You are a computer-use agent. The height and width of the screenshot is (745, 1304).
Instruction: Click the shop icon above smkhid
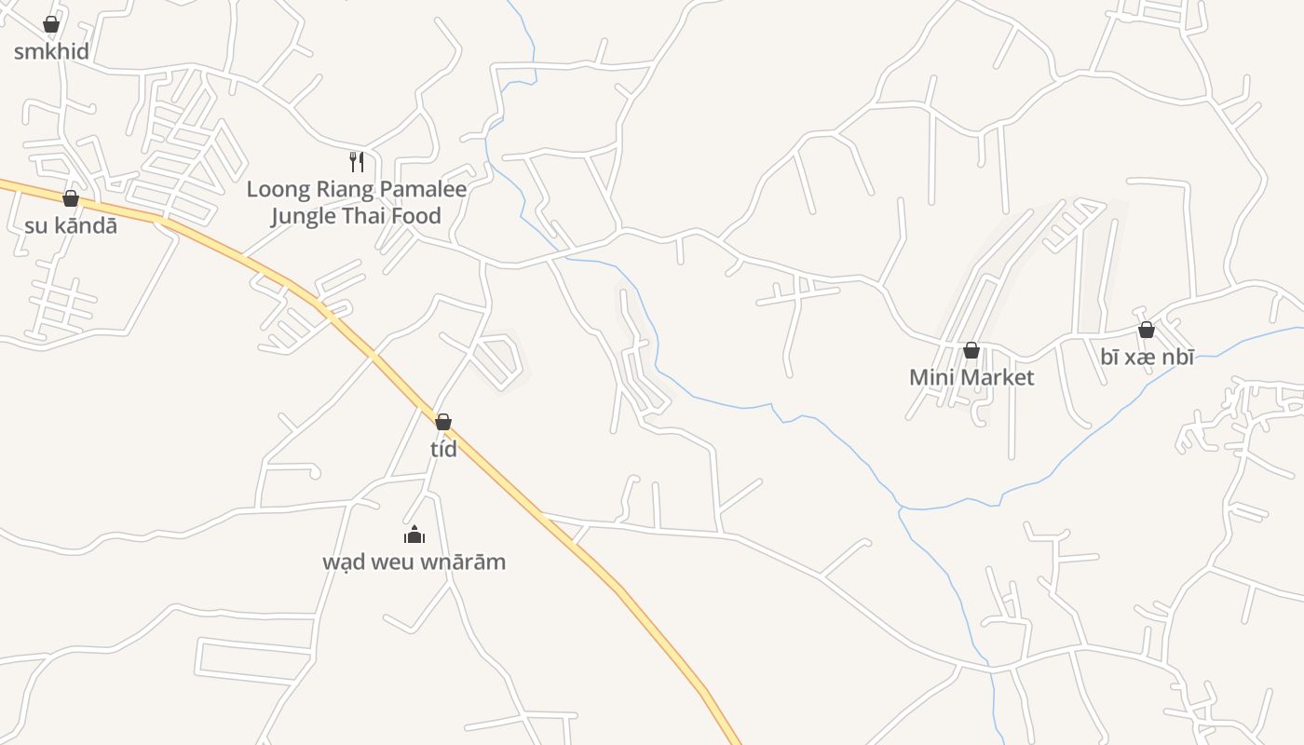pyautogui.click(x=51, y=24)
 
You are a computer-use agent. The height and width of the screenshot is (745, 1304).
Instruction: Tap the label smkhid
pyautogui.click(x=51, y=51)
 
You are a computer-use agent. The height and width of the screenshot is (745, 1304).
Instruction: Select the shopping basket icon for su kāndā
pyautogui.click(x=71, y=198)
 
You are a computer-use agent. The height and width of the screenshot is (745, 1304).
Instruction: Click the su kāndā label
pyautogui.click(x=71, y=225)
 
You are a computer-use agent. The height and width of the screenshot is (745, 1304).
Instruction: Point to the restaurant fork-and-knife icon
pyautogui.click(x=356, y=162)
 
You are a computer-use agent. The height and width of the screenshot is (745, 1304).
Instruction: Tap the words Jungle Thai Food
pyautogui.click(x=356, y=217)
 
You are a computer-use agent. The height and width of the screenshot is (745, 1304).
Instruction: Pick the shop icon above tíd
pyautogui.click(x=443, y=422)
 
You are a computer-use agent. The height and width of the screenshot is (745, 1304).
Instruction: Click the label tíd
pyautogui.click(x=443, y=449)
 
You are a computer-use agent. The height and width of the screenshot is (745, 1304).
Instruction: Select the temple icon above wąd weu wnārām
pyautogui.click(x=414, y=535)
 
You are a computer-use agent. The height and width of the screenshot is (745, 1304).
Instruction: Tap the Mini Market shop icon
pyautogui.click(x=971, y=350)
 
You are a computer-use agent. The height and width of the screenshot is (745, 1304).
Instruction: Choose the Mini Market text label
pyautogui.click(x=971, y=377)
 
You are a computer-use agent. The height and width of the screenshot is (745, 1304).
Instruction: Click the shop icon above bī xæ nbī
pyautogui.click(x=1147, y=330)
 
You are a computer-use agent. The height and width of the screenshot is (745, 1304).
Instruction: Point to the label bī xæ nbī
pyautogui.click(x=1147, y=357)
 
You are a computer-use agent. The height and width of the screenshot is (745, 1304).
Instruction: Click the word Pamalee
pyautogui.click(x=423, y=190)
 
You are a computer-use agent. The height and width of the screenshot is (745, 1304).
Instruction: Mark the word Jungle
pyautogui.click(x=302, y=217)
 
